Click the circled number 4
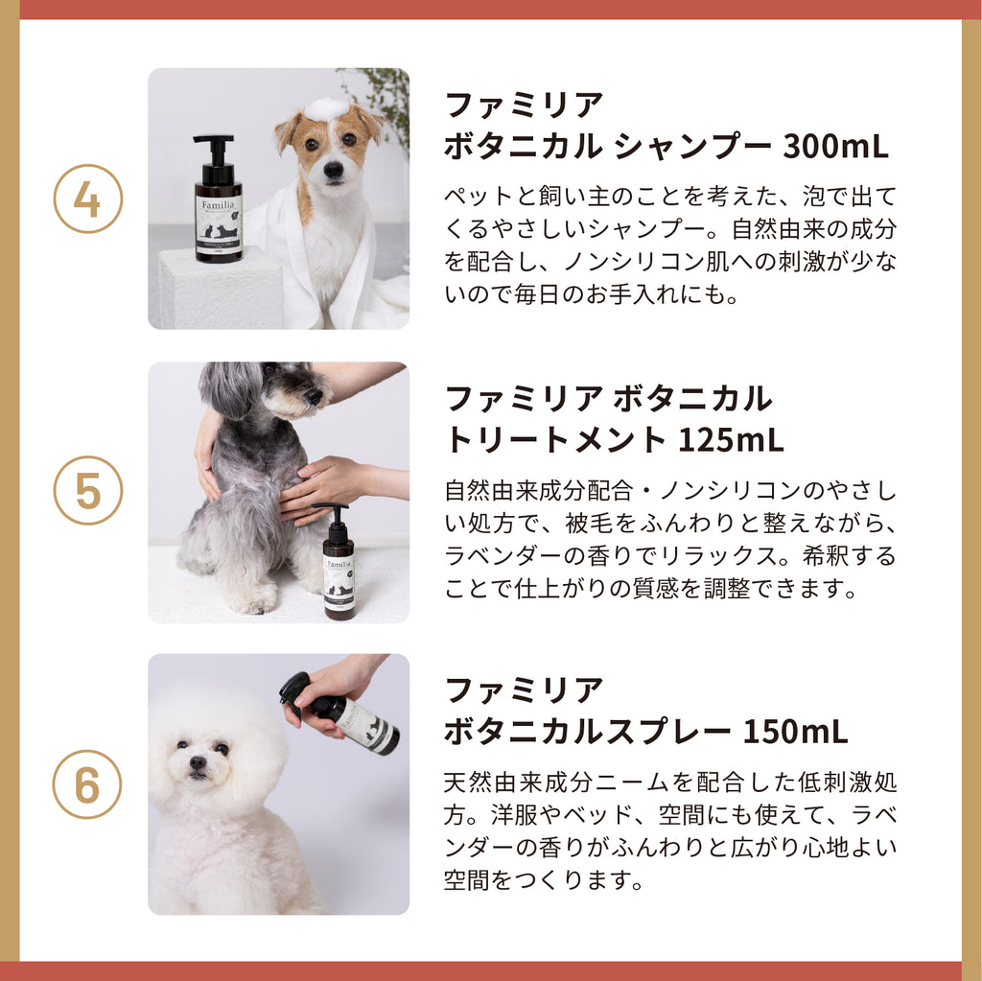click(87, 199)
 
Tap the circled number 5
click(87, 491)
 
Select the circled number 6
click(87, 784)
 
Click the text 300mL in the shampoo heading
click(835, 146)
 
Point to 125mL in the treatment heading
click(731, 438)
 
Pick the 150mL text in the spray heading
click(795, 731)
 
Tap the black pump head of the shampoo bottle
click(214, 151)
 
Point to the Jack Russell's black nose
click(333, 169)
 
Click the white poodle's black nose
click(198, 761)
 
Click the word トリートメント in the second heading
click(555, 438)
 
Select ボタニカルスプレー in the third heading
click(588, 731)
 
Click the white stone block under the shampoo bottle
click(220, 287)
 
